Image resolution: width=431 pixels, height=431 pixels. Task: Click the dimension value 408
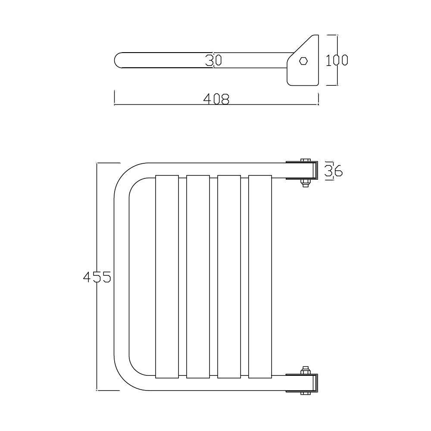(x=216, y=99)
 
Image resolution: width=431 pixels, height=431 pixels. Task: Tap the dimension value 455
(x=97, y=277)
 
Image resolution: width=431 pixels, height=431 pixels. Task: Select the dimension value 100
(x=337, y=60)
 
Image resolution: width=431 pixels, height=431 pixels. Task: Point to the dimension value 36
(x=334, y=171)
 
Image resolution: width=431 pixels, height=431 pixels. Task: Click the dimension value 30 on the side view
(x=214, y=60)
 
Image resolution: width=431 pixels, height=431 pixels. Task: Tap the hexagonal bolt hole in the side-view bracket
(x=303, y=61)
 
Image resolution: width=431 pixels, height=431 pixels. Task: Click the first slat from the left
(x=167, y=277)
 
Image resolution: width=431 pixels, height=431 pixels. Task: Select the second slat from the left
(x=198, y=277)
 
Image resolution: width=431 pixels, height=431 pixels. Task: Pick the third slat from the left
(x=229, y=277)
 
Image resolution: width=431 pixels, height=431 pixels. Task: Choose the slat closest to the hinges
(x=260, y=277)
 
